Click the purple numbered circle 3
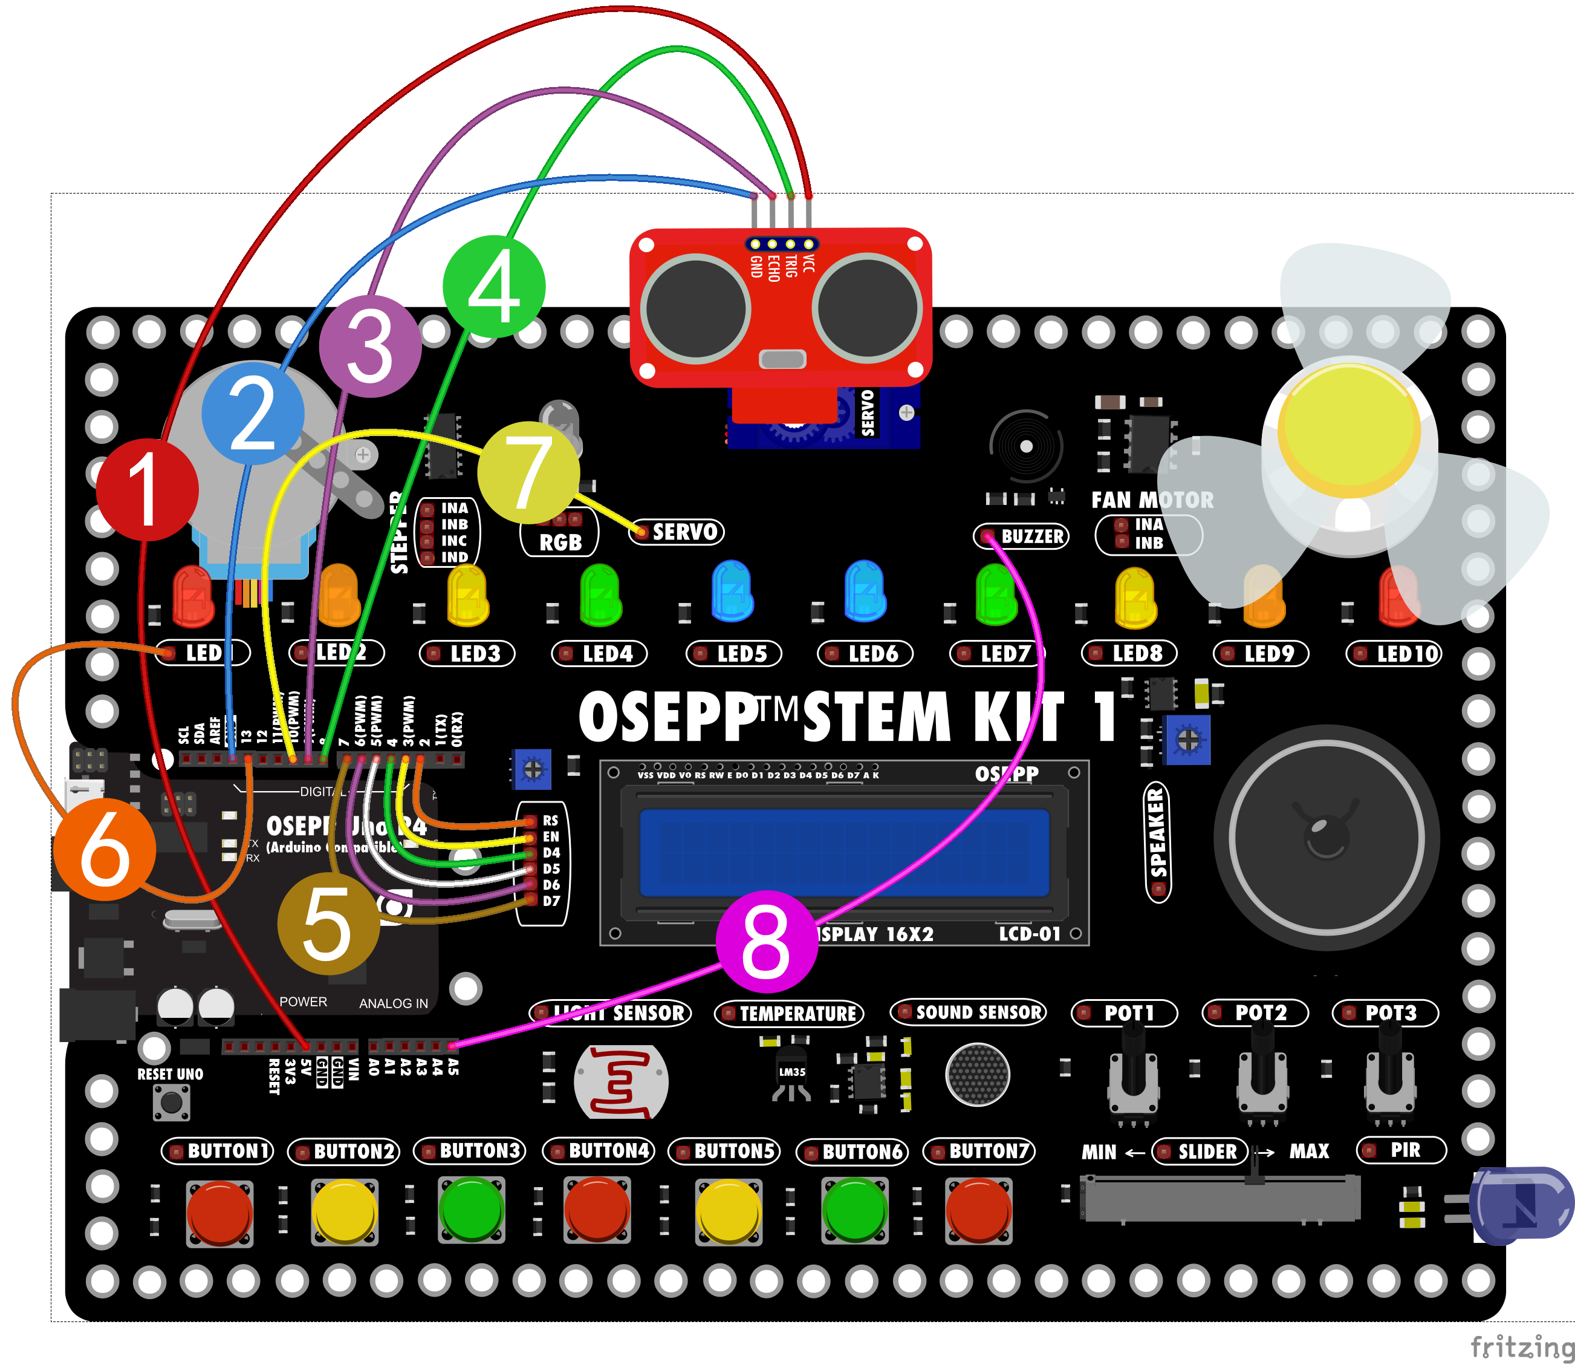[x=370, y=347]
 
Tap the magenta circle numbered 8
[x=767, y=942]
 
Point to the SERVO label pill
[x=677, y=532]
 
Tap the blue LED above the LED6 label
[x=865, y=591]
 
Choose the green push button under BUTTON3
[x=472, y=1210]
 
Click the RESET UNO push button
[x=171, y=1102]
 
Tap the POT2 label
[x=1255, y=1013]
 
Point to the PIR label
[x=1401, y=1150]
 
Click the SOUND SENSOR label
[x=969, y=1012]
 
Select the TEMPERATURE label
[x=789, y=1013]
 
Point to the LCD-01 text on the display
[x=1029, y=934]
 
